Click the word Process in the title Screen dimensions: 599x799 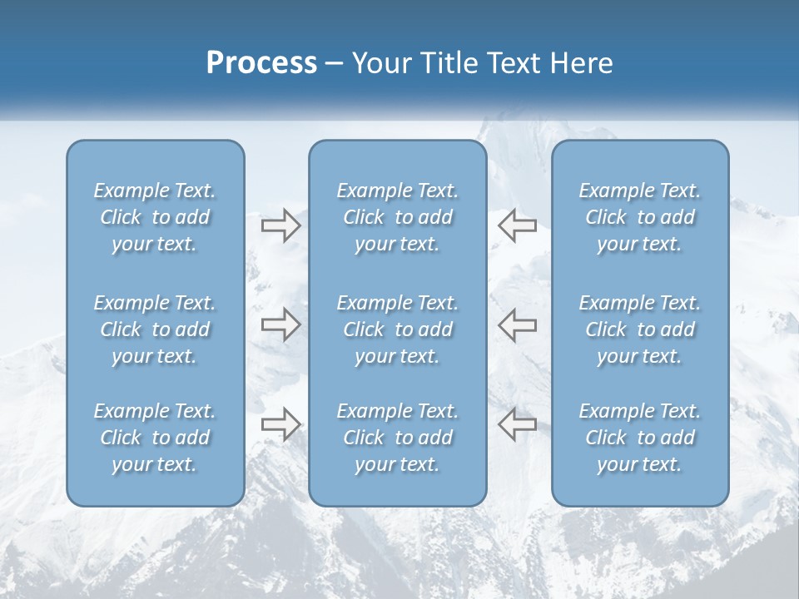(x=261, y=63)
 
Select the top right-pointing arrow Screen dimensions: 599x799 (x=280, y=225)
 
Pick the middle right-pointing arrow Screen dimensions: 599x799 (x=280, y=324)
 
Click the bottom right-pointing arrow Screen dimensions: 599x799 (x=280, y=424)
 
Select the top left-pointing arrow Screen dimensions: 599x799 (x=517, y=225)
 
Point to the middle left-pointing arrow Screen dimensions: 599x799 (x=517, y=324)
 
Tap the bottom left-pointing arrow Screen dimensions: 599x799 (x=517, y=424)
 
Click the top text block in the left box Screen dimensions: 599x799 (x=155, y=217)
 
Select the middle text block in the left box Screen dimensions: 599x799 (x=155, y=329)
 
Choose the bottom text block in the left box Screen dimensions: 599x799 (x=155, y=438)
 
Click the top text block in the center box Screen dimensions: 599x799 (x=398, y=217)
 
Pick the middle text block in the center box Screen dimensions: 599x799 (x=398, y=329)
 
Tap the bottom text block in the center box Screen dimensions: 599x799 (x=398, y=438)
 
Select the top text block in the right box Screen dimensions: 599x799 (x=640, y=217)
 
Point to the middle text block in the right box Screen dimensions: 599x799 (x=640, y=329)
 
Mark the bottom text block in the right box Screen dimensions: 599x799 (x=640, y=438)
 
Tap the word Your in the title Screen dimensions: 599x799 (x=379, y=63)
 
